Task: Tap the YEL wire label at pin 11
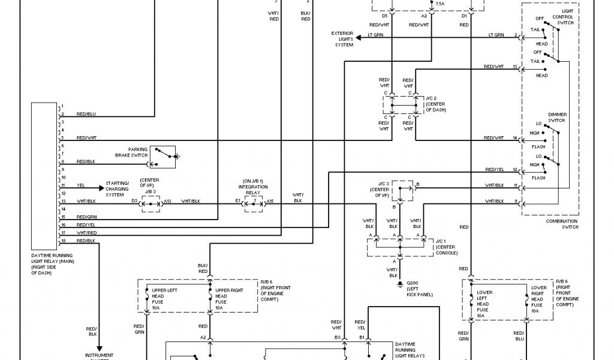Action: click(x=81, y=185)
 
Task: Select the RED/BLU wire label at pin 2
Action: click(x=86, y=113)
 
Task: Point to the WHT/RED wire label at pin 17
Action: click(x=86, y=233)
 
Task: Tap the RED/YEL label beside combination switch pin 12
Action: click(x=494, y=169)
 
